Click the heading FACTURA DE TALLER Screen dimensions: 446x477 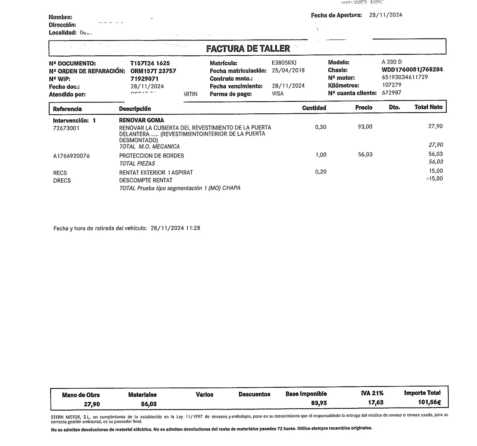point(248,48)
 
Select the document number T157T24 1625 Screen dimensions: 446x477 point(150,63)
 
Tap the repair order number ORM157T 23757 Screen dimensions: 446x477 point(153,71)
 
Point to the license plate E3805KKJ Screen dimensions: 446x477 point(284,63)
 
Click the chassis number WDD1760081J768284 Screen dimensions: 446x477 point(412,70)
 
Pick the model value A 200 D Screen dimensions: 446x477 point(392,62)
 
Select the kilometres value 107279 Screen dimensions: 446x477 point(392,85)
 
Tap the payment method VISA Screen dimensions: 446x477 point(278,94)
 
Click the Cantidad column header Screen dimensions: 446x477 point(314,108)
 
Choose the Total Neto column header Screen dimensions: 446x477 point(428,107)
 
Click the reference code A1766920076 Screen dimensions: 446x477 point(71,156)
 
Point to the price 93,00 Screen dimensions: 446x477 point(365,127)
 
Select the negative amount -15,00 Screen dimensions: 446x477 point(435,179)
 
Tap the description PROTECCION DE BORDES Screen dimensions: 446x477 point(151,155)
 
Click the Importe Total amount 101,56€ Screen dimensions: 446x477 point(429,402)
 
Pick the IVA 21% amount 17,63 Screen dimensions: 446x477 point(376,403)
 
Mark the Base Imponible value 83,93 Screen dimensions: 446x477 point(319,403)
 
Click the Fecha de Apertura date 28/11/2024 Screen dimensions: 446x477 point(386,15)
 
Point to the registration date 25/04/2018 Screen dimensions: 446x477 point(288,71)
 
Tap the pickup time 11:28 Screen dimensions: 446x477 point(193,228)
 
